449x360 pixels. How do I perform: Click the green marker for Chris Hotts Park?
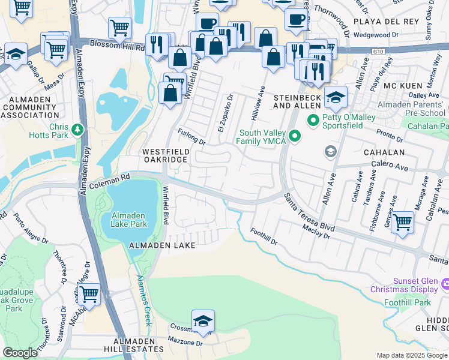pyautogui.click(x=77, y=129)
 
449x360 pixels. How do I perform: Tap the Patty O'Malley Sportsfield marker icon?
pyautogui.click(x=313, y=121)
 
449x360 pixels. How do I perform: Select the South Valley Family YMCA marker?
pyautogui.click(x=294, y=137)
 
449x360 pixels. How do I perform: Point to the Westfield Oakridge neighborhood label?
pyautogui.click(x=166, y=156)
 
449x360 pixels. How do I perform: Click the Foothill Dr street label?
pyautogui.click(x=264, y=237)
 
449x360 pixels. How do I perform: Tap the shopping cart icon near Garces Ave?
pyautogui.click(x=402, y=221)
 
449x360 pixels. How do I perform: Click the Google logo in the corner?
pyautogui.click(x=20, y=353)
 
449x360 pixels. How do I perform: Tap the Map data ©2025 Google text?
pyautogui.click(x=411, y=355)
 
